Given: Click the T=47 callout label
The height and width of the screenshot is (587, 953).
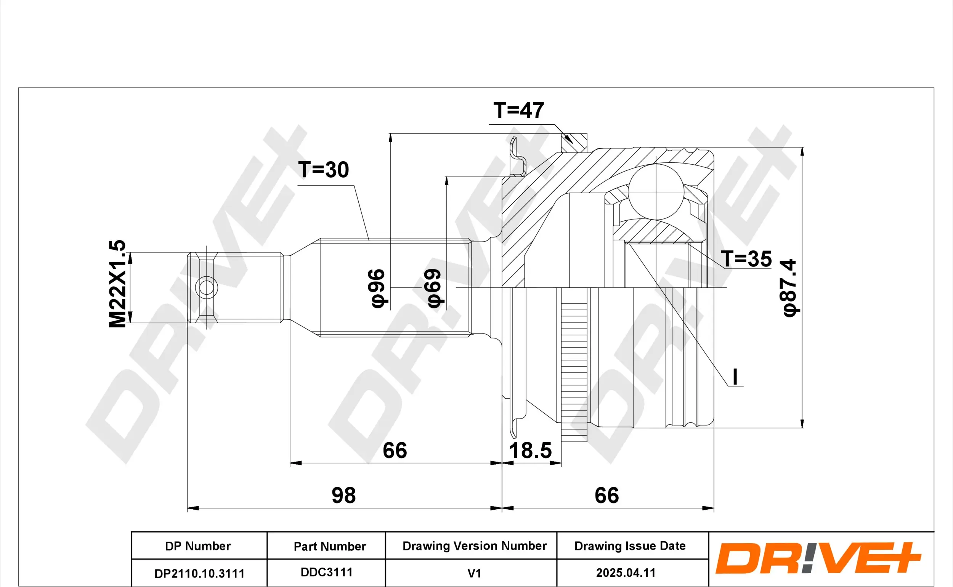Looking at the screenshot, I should click(518, 111).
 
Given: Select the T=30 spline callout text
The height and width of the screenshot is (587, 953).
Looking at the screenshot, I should click(323, 170).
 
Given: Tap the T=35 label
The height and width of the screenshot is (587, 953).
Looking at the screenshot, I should click(746, 259).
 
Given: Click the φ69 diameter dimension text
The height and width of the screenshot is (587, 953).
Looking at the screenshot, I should click(433, 289).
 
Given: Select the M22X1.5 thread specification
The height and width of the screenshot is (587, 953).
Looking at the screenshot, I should click(117, 284).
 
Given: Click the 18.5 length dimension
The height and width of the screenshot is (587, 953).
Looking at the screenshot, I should click(530, 451).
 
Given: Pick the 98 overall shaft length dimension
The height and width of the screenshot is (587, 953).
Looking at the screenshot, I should click(343, 496).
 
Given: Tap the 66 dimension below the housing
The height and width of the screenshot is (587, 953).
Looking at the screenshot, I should click(607, 496).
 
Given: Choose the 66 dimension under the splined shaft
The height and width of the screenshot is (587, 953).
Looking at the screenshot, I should click(395, 451).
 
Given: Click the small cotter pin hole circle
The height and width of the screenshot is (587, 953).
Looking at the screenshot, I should click(207, 288).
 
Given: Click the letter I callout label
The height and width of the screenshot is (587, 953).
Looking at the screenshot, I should click(735, 377).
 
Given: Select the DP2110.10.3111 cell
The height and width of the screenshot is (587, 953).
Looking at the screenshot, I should click(199, 573).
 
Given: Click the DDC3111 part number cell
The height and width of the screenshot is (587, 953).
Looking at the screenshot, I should click(326, 572).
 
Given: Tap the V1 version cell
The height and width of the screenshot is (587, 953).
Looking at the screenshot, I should click(474, 573).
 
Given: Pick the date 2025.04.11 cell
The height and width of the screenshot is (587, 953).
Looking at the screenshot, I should click(626, 573).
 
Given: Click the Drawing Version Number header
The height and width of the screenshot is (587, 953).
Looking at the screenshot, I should click(474, 546).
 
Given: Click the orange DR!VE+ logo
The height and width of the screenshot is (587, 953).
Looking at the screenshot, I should click(818, 559).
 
